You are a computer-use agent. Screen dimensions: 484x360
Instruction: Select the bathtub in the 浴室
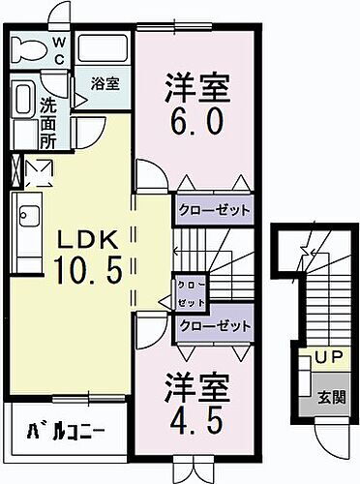104,50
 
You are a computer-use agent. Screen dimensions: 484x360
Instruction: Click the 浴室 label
105,83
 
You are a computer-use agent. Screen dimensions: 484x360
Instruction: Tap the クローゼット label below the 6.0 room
214,209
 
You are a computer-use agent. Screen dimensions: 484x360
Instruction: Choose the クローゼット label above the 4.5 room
214,327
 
